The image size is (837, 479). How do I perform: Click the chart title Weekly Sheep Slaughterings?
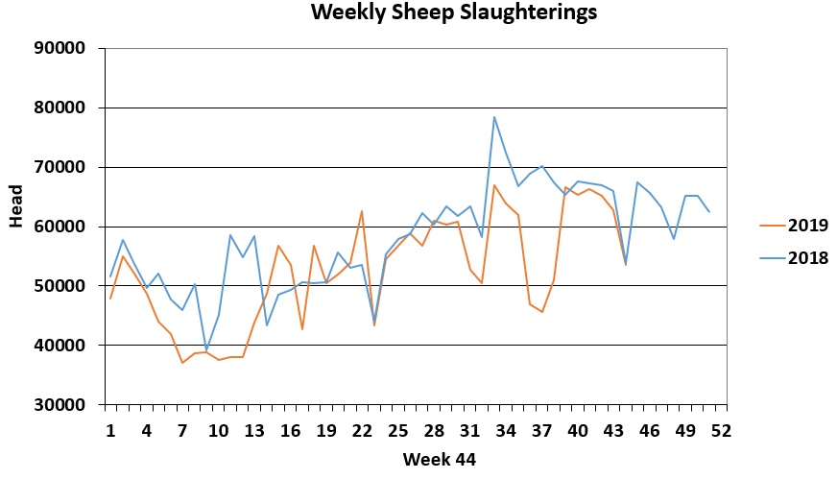coord(454,13)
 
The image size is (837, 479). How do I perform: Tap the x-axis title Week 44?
coord(440,459)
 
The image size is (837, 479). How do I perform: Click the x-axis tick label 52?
coord(722,431)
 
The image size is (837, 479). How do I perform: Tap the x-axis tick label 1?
coord(111,431)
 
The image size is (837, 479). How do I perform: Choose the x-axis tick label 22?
coord(363,431)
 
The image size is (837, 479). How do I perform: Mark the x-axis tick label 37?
coord(542,431)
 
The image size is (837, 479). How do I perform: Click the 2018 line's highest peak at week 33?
coord(494,117)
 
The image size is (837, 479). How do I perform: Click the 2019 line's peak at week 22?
coord(362,211)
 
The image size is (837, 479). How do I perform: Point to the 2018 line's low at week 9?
coord(206,349)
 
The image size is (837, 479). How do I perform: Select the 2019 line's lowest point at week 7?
coord(182,362)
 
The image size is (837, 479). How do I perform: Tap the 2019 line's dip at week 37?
coord(542,312)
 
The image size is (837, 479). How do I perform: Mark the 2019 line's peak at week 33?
coord(494,185)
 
